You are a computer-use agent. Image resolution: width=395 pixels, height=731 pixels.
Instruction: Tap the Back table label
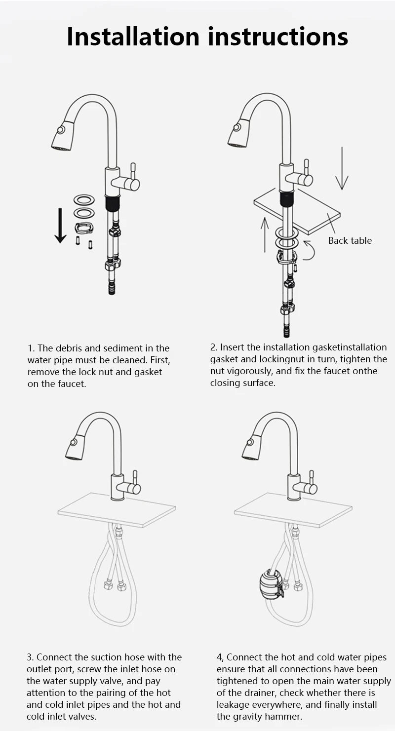tap(350, 240)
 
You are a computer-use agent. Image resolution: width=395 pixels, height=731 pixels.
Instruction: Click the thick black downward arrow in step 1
tap(60, 226)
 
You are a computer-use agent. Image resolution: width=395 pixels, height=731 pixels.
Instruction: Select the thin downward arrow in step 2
tap(342, 168)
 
